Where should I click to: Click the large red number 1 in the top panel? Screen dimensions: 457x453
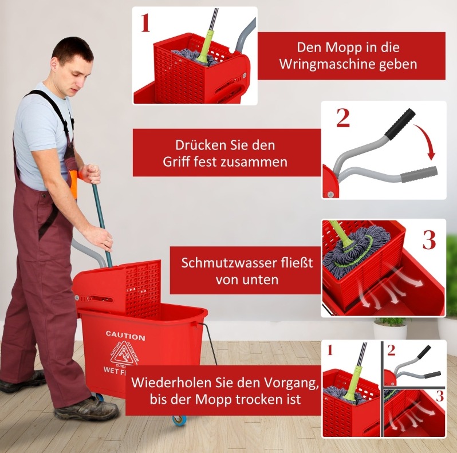145,23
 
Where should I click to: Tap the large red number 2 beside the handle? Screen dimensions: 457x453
343,118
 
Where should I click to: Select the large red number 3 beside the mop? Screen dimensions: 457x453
430,240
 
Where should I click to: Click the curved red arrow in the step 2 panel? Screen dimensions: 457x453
427,140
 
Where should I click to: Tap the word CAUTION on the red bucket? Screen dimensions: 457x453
125,336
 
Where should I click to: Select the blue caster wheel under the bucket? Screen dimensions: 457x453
178,420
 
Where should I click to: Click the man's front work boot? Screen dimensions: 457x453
86,408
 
